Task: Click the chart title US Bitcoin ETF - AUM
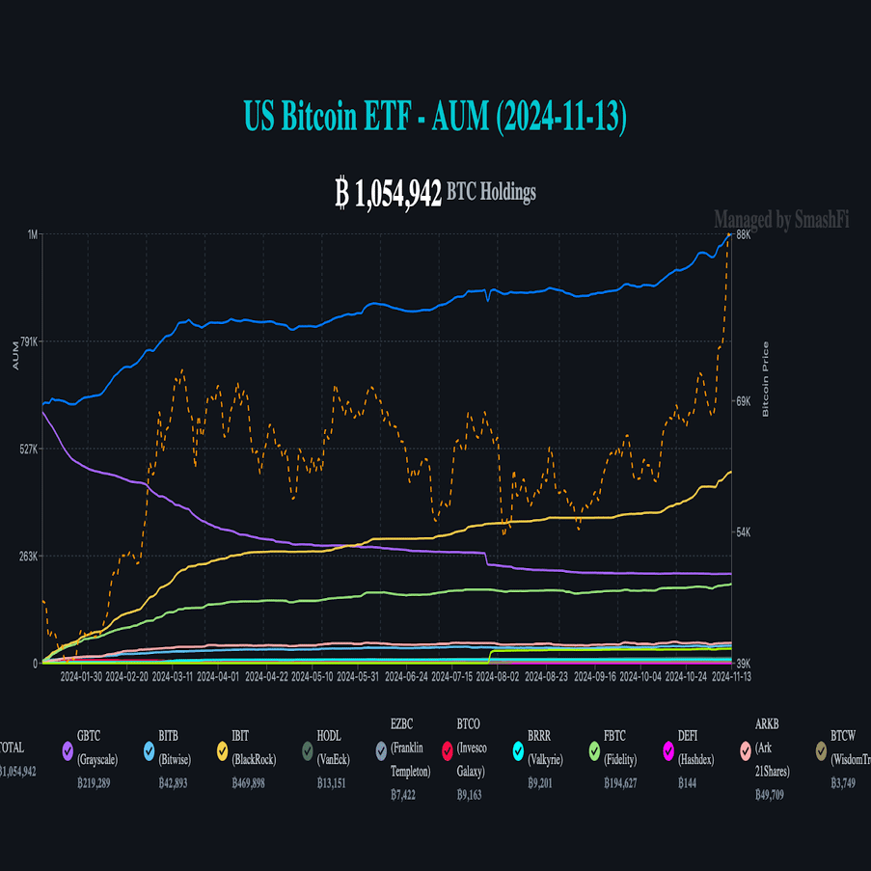coord(435,117)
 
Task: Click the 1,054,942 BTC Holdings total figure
coord(435,193)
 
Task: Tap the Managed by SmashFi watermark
coord(781,221)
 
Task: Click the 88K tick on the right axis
coord(744,234)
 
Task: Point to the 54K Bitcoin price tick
coord(744,532)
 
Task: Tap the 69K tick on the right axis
coord(744,400)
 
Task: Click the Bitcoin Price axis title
coord(766,379)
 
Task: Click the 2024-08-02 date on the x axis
coord(502,677)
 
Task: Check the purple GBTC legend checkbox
coord(68,750)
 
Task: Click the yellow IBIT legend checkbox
coord(222,750)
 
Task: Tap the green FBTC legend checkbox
coord(595,750)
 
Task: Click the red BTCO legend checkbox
coord(447,750)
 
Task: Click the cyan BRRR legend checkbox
coord(518,750)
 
